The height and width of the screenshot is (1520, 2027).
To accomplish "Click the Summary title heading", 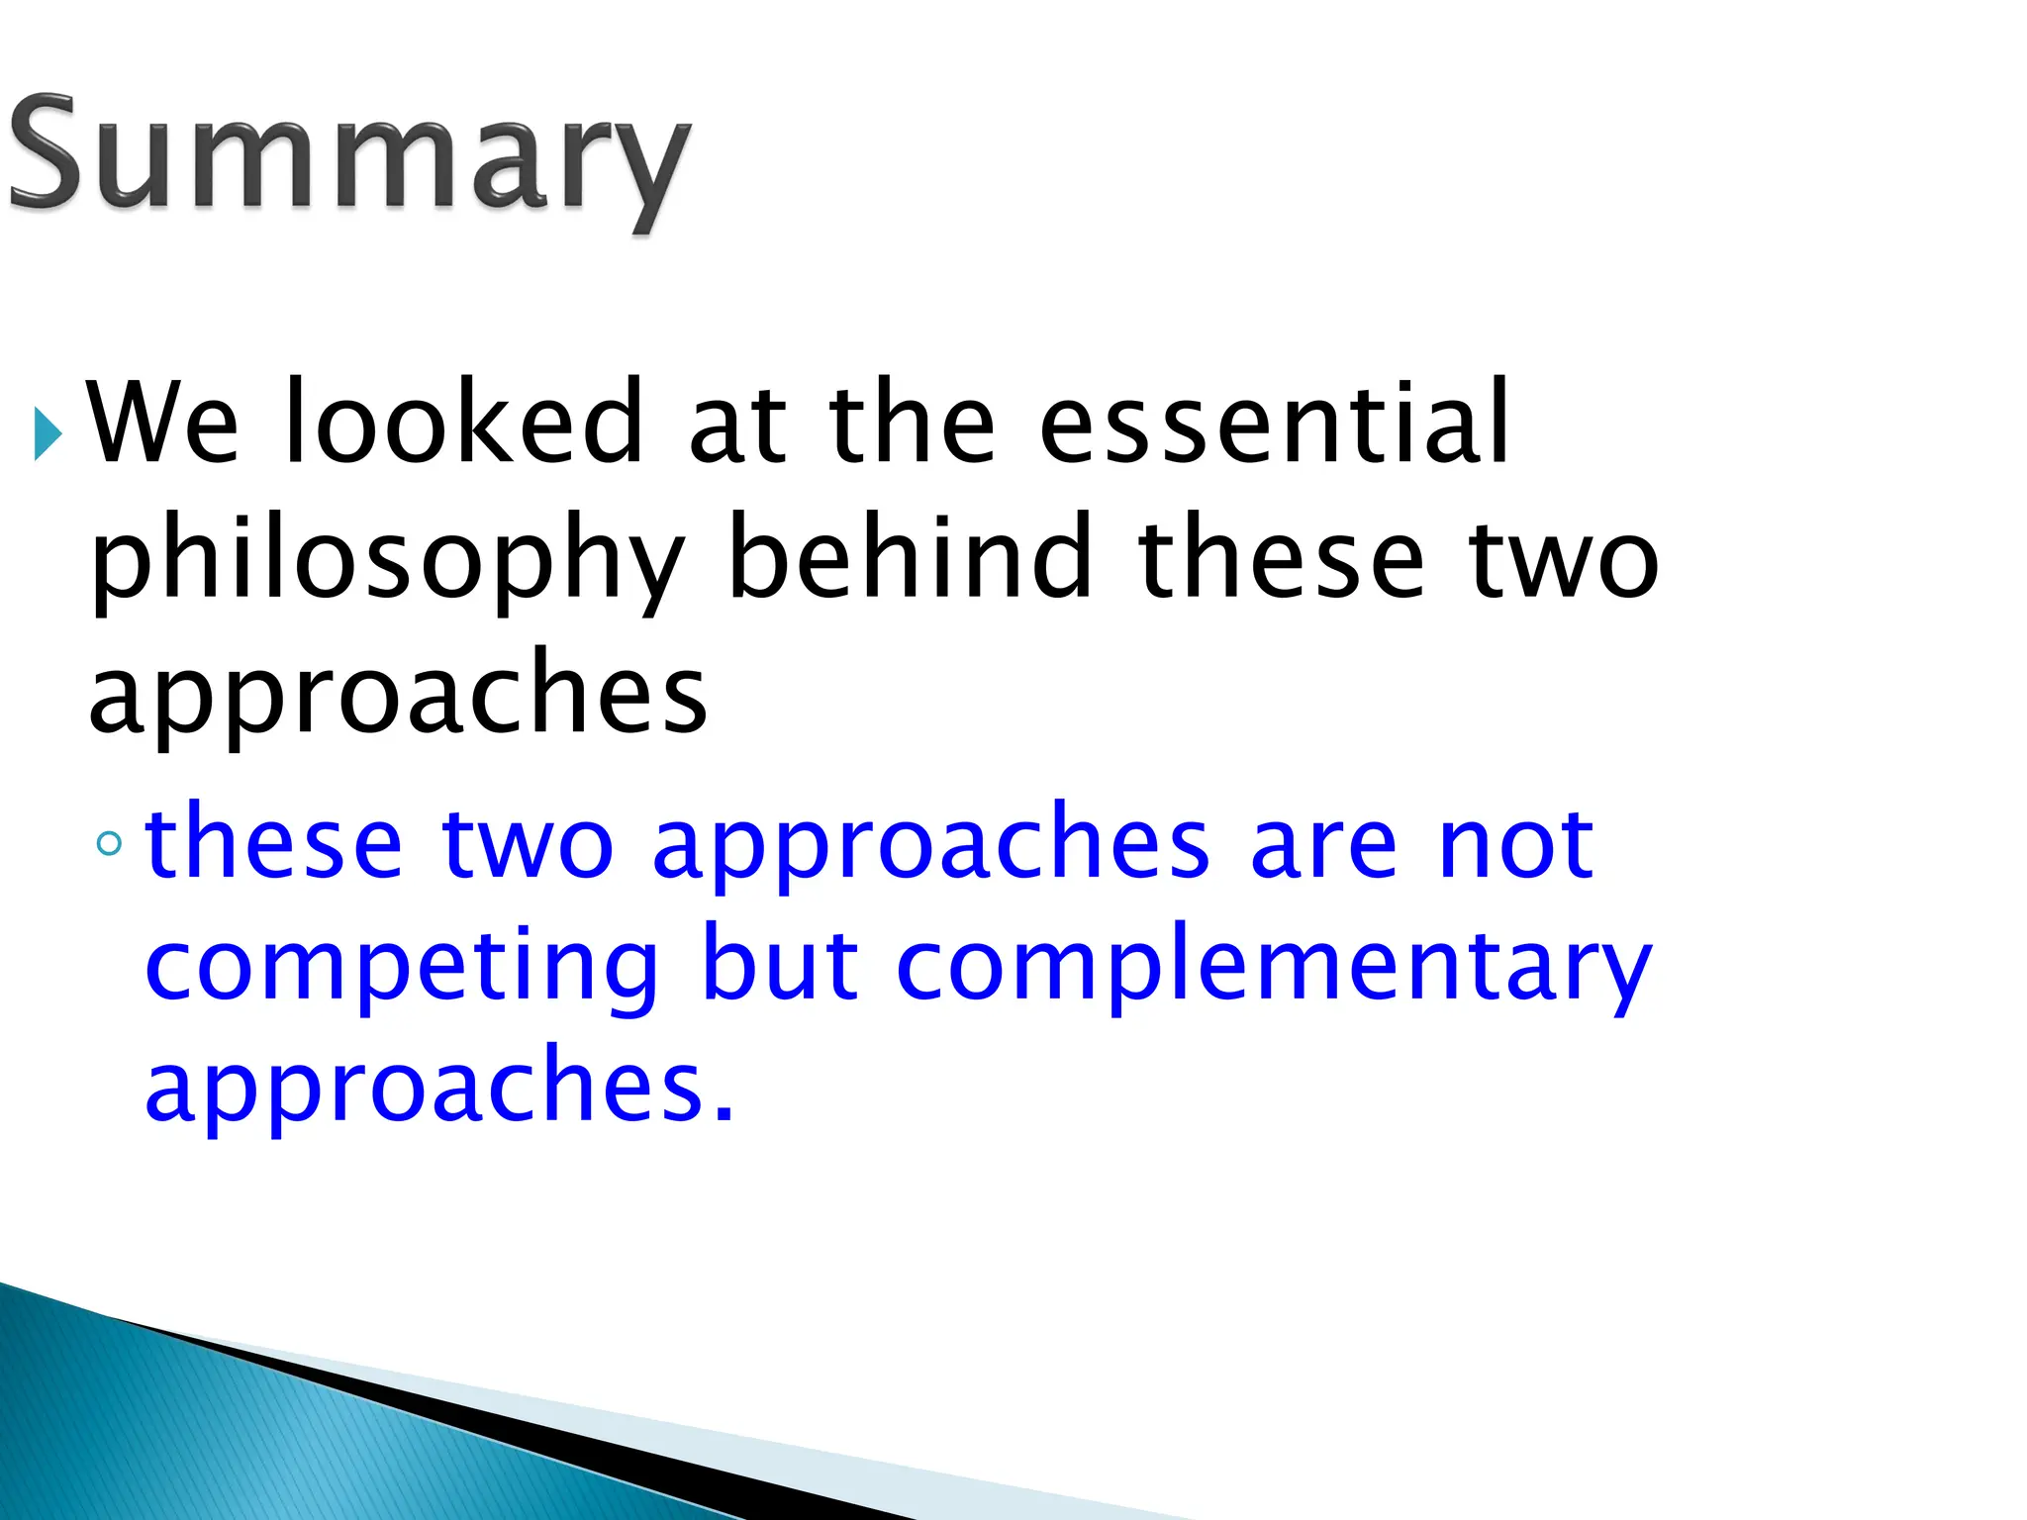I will tap(348, 158).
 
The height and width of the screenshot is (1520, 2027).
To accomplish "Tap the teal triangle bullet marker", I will tap(47, 432).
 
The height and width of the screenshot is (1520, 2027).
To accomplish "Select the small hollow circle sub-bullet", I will tap(110, 843).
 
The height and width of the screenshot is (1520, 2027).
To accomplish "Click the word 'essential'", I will tap(1275, 424).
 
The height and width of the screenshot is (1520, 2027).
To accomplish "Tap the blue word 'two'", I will tap(528, 844).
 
